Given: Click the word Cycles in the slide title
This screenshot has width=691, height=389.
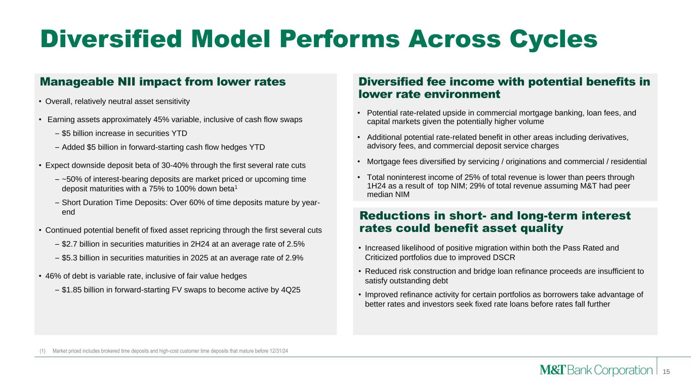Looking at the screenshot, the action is click(x=553, y=40).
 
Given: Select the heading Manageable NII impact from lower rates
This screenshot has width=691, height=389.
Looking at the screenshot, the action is click(x=163, y=82).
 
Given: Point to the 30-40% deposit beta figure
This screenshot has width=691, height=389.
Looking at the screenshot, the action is click(x=175, y=165).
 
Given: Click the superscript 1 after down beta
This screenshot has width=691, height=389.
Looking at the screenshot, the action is click(x=236, y=187).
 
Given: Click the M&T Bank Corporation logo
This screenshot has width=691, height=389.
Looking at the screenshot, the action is click(x=596, y=370).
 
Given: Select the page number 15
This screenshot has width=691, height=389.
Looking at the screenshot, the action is click(x=666, y=372).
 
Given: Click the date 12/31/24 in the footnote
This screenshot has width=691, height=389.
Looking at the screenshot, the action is click(x=279, y=351).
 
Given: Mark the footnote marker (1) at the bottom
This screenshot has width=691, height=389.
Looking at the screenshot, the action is click(x=43, y=351).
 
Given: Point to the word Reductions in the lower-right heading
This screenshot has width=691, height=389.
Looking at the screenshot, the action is click(x=395, y=215).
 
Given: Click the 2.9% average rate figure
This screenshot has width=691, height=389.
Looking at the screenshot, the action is click(x=295, y=258).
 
